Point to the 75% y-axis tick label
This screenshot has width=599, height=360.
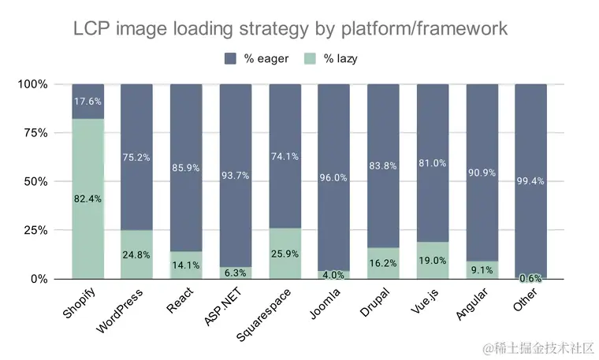pyautogui.click(x=32, y=133)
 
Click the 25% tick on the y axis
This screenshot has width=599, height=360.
pyautogui.click(x=32, y=230)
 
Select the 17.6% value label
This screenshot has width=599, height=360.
pyautogui.click(x=87, y=102)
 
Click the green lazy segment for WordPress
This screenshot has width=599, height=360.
pyautogui.click(x=136, y=254)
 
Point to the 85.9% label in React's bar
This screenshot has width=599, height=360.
pyautogui.click(x=186, y=168)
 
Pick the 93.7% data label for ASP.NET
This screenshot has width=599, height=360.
pyautogui.click(x=235, y=175)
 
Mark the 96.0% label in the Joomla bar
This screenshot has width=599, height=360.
pyautogui.click(x=333, y=177)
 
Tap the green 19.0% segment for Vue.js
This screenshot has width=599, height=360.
pyautogui.click(x=432, y=260)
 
